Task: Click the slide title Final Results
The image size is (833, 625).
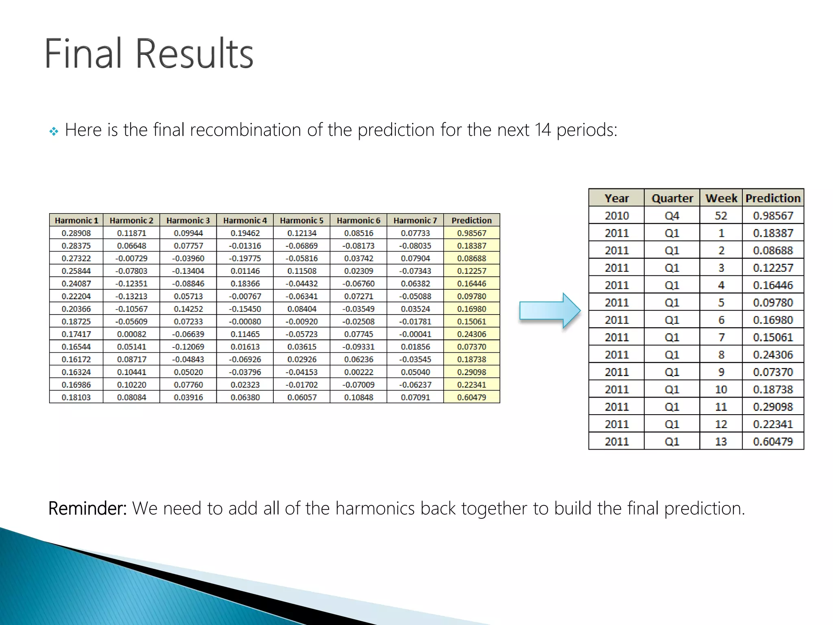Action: point(149,54)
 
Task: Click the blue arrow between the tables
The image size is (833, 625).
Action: point(549,311)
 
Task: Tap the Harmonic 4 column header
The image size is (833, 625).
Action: point(245,221)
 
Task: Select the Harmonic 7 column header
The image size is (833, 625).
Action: point(415,221)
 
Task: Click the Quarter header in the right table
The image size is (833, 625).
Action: point(672,198)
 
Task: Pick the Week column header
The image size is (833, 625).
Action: point(721,198)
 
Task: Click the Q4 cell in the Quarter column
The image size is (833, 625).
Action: point(672,216)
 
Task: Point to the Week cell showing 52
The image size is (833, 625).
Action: point(721,216)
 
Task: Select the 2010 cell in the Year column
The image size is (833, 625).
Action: point(617,216)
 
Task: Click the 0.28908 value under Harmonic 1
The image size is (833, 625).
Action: point(76,233)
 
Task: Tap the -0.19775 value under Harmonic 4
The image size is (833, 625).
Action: point(245,258)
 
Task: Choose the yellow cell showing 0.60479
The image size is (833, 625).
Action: point(471,398)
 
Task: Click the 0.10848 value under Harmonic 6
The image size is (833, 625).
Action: point(358,398)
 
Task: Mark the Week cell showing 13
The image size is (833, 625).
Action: point(721,441)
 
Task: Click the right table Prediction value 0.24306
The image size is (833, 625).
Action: point(773,355)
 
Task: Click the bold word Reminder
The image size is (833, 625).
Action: point(87,509)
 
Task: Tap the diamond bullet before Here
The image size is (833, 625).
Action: point(54,131)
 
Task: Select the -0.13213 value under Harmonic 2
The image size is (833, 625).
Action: point(131,296)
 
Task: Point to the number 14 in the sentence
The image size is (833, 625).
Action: point(543,130)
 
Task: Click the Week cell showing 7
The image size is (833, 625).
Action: point(721,337)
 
